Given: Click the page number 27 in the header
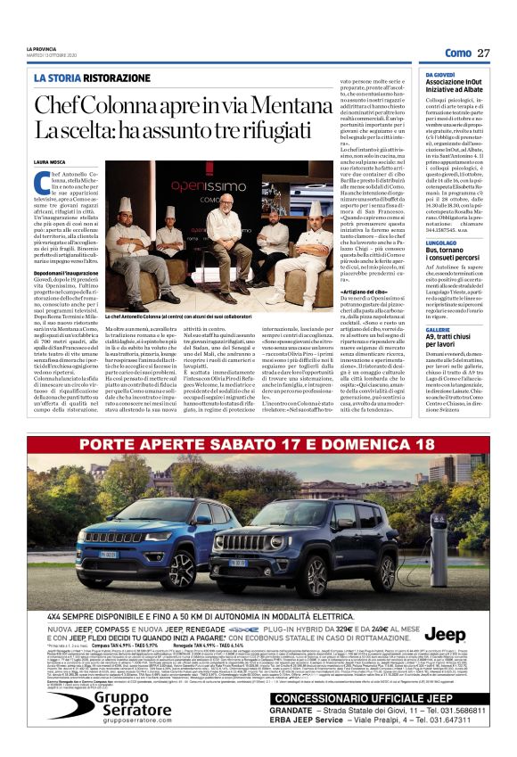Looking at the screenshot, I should click(484, 53).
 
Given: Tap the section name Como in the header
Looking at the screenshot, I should click(457, 53).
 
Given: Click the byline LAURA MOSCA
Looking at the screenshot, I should click(50, 161).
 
